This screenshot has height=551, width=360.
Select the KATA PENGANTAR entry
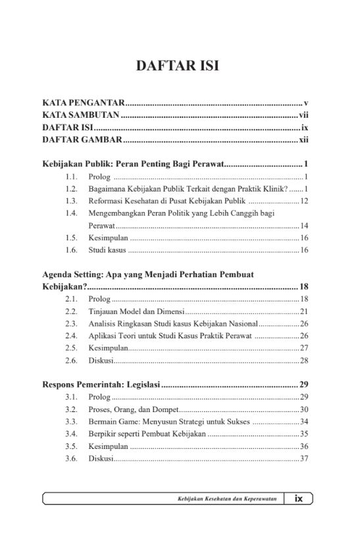(83, 103)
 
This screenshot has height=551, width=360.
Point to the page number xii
(304, 140)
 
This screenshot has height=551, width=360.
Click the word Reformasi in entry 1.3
(108, 201)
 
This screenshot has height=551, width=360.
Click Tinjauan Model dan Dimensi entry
(137, 311)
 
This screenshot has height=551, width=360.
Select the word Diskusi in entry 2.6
(101, 361)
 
